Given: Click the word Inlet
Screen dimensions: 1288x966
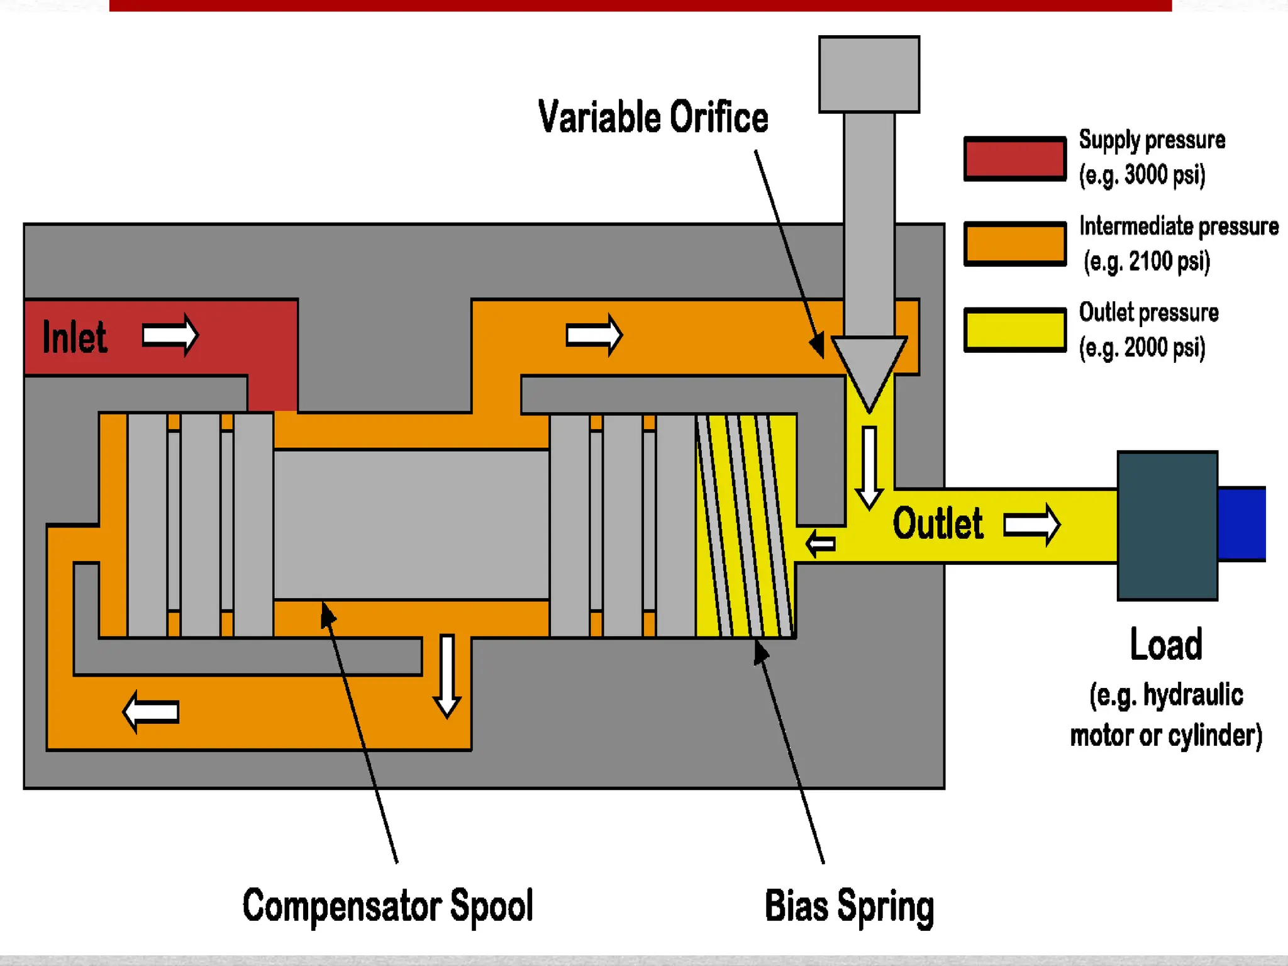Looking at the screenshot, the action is pyautogui.click(x=74, y=337).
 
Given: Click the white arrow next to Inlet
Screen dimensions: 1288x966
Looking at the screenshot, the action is pyautogui.click(x=170, y=335).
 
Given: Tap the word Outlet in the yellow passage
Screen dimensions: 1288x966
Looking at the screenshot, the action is pyautogui.click(x=938, y=523).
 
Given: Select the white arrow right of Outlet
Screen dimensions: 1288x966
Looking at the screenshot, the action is pyautogui.click(x=1032, y=525).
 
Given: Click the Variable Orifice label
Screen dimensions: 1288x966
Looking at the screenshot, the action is pyautogui.click(x=653, y=117).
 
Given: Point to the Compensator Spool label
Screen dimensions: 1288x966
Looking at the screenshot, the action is pyautogui.click(x=388, y=906).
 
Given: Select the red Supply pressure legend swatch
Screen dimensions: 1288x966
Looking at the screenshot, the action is pyautogui.click(x=1015, y=158).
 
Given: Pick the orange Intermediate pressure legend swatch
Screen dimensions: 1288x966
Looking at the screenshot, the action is pyautogui.click(x=1015, y=244).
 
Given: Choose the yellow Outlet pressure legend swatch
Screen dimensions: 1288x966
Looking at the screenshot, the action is pyautogui.click(x=1015, y=330).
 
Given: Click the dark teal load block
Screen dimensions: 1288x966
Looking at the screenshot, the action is pyautogui.click(x=1167, y=526).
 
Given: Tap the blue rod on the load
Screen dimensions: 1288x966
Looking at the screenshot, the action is pyautogui.click(x=1241, y=524).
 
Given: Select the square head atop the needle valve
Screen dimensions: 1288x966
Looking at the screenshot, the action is pyautogui.click(x=869, y=74).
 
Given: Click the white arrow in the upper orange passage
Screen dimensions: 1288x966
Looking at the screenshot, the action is pyautogui.click(x=594, y=335).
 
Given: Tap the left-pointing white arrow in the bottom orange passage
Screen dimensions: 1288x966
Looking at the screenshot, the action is pyautogui.click(x=151, y=712).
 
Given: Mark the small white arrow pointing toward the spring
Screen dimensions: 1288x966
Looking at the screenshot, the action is pyautogui.click(x=821, y=543).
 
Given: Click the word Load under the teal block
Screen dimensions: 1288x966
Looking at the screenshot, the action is pyautogui.click(x=1166, y=644).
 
